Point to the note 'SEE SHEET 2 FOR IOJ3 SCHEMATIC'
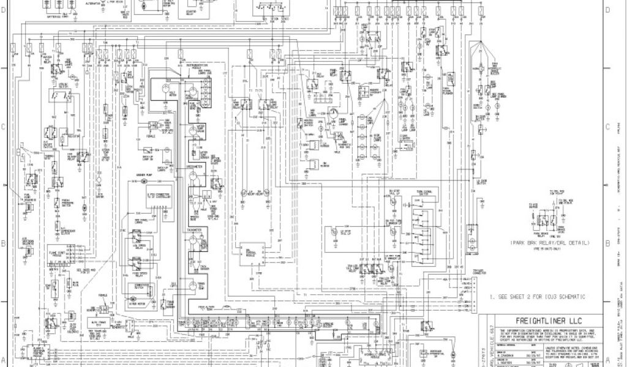[537, 297]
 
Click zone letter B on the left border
[4, 243]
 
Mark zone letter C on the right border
[607, 127]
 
